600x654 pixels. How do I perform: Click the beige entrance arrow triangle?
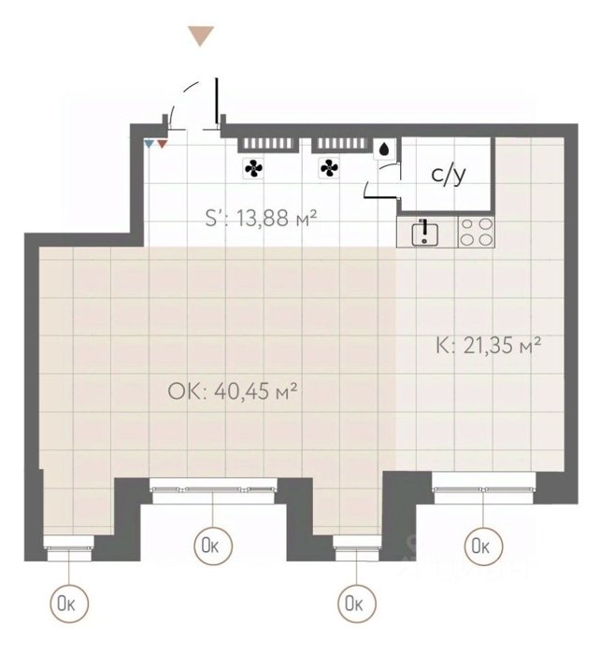201,36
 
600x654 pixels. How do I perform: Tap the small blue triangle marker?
149,144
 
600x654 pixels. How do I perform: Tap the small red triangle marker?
162,144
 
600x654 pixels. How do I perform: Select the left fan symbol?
253,168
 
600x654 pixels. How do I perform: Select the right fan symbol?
329,168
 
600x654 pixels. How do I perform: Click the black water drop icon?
384,149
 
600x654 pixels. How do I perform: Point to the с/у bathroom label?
448,175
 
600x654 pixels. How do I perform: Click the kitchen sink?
424,234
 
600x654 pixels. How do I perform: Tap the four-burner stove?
476,232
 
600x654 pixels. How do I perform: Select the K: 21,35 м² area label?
488,346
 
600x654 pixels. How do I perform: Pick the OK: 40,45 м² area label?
233,391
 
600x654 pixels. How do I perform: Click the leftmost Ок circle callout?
69,604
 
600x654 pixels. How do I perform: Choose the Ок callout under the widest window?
213,545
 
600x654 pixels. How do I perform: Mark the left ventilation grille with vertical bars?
268,144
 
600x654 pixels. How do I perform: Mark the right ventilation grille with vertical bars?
341,144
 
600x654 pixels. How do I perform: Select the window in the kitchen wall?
484,489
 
